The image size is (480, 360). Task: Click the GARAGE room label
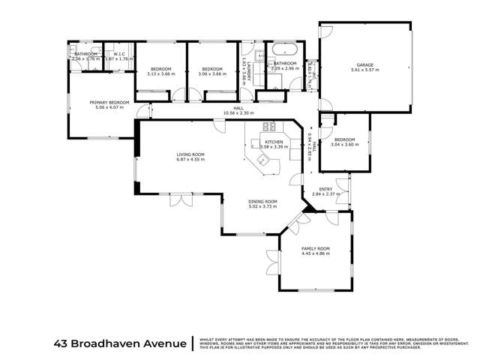click(x=366, y=65)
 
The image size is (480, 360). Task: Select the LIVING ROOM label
click(x=190, y=154)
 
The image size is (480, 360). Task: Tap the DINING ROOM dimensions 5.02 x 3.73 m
click(x=263, y=206)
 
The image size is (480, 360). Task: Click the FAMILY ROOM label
click(x=316, y=248)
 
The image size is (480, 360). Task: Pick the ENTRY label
click(x=326, y=189)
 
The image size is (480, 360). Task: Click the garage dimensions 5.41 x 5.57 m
click(x=366, y=70)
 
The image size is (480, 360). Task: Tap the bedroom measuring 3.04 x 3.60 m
click(x=345, y=145)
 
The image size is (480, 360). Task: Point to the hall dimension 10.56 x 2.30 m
click(x=239, y=113)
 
